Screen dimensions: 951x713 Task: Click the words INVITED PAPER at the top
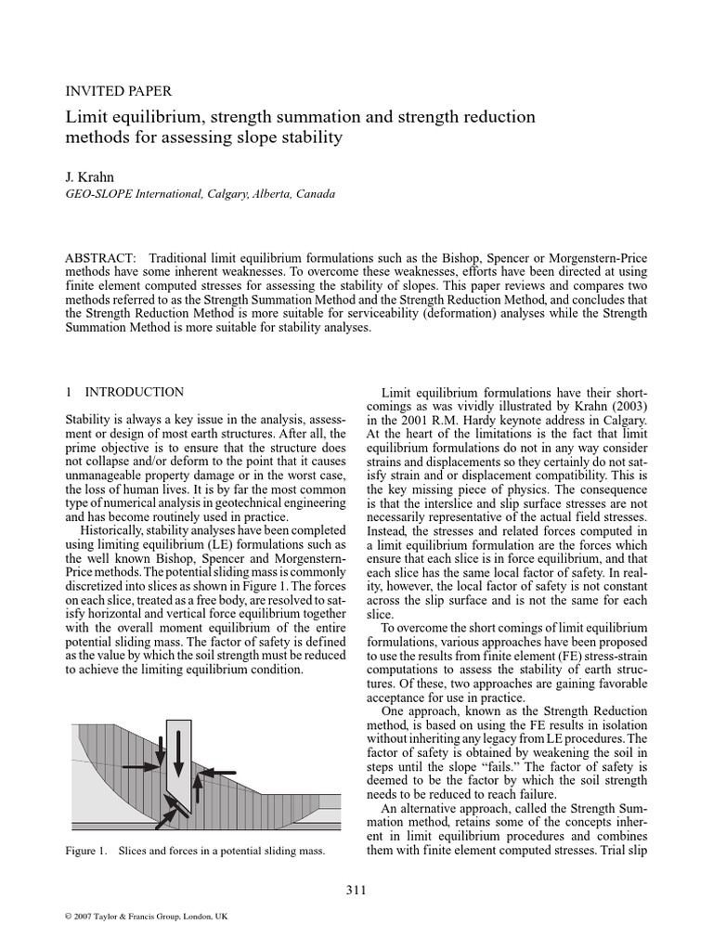118,91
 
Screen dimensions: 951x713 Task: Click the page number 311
356,891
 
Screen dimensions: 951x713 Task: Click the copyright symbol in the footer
69,917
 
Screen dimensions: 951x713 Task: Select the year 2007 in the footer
85,917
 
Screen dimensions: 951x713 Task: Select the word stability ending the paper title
315,138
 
